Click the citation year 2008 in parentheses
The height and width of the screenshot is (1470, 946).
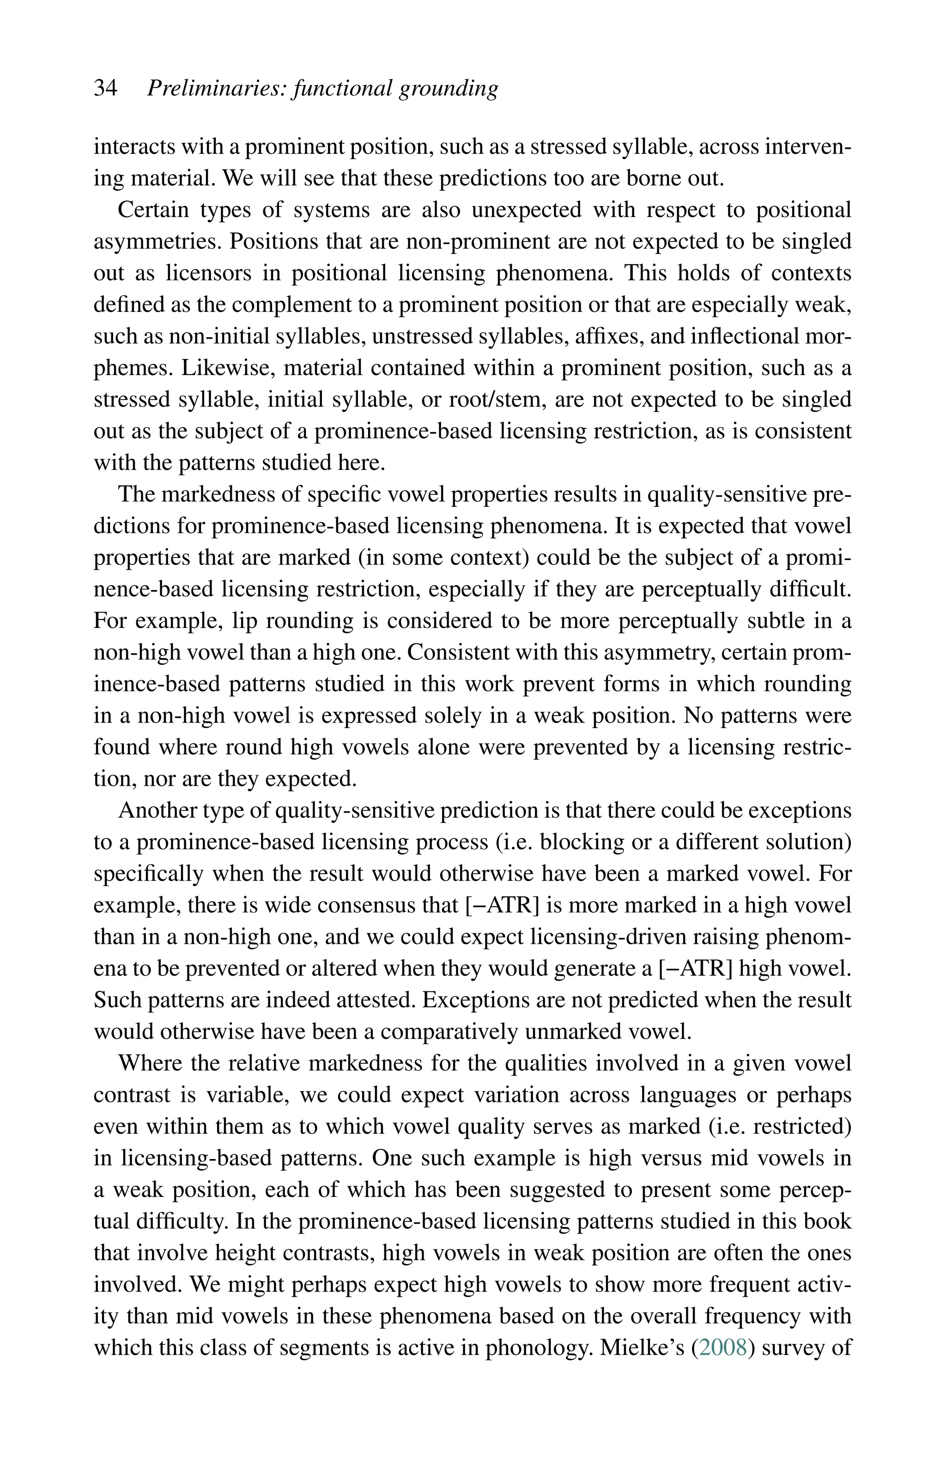tap(722, 1348)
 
